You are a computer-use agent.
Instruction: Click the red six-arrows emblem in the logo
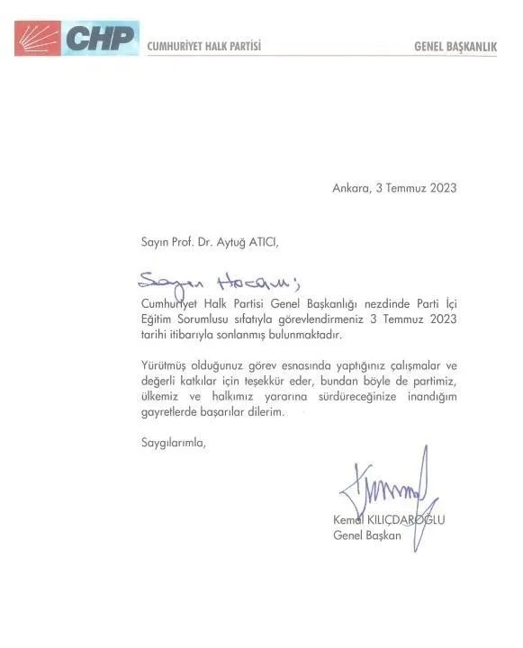(37, 38)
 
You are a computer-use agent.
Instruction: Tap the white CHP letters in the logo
(99, 39)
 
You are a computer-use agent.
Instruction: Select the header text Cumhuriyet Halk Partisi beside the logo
(203, 45)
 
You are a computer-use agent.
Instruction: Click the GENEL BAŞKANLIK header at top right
(455, 45)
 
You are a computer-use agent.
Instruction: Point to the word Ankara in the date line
(350, 188)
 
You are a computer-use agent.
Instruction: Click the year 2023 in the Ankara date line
(442, 188)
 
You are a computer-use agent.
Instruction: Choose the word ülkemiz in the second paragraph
(161, 396)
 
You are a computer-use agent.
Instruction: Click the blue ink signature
(387, 490)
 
